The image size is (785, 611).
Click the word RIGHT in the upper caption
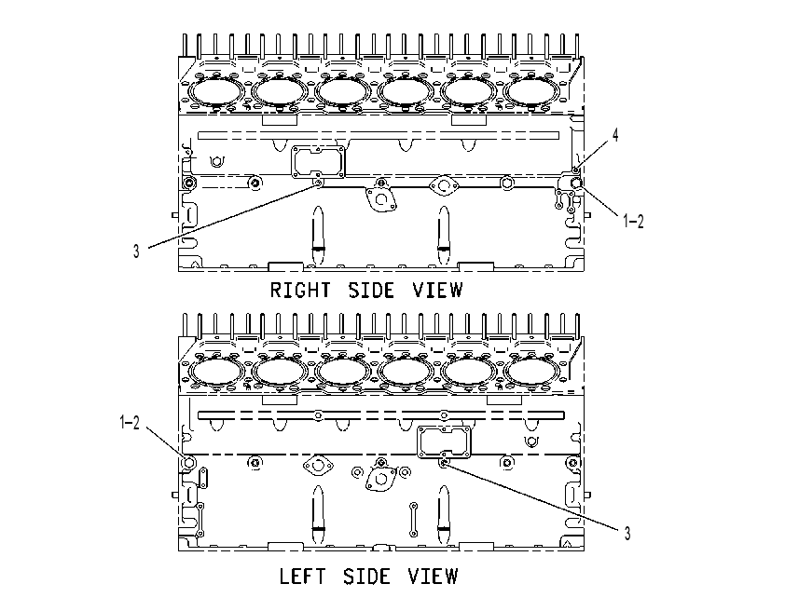[300, 290]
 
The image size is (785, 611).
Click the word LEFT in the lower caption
[302, 576]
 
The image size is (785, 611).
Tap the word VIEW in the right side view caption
[437, 290]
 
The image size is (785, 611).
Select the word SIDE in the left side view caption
[366, 576]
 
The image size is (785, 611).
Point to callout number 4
[615, 135]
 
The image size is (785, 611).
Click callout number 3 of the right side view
[136, 251]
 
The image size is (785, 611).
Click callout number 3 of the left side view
[627, 534]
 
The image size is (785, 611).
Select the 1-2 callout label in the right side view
[633, 221]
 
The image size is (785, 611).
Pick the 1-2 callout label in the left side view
[130, 423]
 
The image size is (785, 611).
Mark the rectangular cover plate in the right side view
[319, 161]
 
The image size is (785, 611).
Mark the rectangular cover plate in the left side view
[445, 441]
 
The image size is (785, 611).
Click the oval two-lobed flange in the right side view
[444, 186]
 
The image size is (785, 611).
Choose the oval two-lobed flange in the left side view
[318, 467]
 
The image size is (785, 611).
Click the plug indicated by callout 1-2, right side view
[576, 183]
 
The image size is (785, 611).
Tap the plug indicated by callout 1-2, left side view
[188, 463]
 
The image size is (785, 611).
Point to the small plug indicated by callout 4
[576, 170]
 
